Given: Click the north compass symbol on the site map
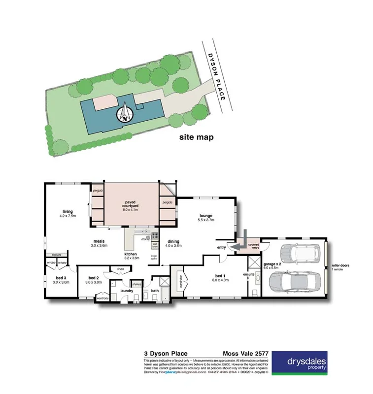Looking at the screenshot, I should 126,113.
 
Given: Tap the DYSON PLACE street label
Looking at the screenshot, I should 215,77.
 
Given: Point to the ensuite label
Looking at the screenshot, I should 248,274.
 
